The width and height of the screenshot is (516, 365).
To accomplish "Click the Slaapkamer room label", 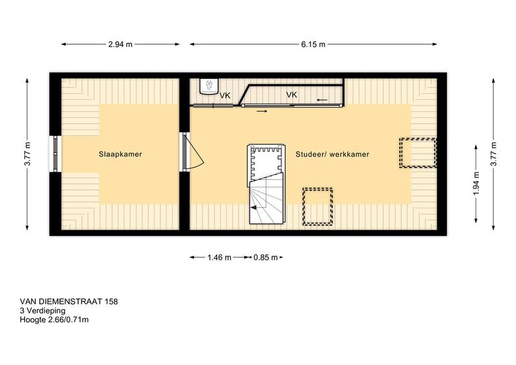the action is (120, 154).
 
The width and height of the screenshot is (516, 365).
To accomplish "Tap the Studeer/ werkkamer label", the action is (332, 154).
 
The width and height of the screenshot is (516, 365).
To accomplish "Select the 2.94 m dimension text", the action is (120, 44).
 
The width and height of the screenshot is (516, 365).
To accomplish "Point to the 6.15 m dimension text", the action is (313, 44).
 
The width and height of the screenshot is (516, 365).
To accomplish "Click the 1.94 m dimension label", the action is (476, 183).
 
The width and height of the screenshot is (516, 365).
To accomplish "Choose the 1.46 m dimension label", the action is (219, 257).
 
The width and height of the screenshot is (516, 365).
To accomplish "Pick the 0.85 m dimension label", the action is (265, 257).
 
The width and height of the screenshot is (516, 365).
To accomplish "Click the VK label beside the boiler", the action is (225, 96).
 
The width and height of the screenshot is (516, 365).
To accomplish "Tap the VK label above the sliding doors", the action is (292, 95).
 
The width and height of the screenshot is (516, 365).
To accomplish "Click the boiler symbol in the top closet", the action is (209, 86).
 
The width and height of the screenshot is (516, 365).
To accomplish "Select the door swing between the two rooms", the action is (195, 151).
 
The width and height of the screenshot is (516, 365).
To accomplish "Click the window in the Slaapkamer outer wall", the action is (55, 154).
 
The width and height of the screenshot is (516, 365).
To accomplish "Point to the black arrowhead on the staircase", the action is (253, 207).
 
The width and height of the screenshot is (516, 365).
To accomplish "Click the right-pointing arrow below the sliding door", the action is (262, 111).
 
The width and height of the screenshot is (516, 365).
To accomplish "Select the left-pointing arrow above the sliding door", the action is (322, 100).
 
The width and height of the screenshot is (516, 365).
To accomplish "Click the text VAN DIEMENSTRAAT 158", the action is (69, 302).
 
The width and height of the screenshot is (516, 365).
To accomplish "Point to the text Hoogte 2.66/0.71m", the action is (54, 319).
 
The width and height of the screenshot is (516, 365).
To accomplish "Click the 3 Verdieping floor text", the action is (43, 311).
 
